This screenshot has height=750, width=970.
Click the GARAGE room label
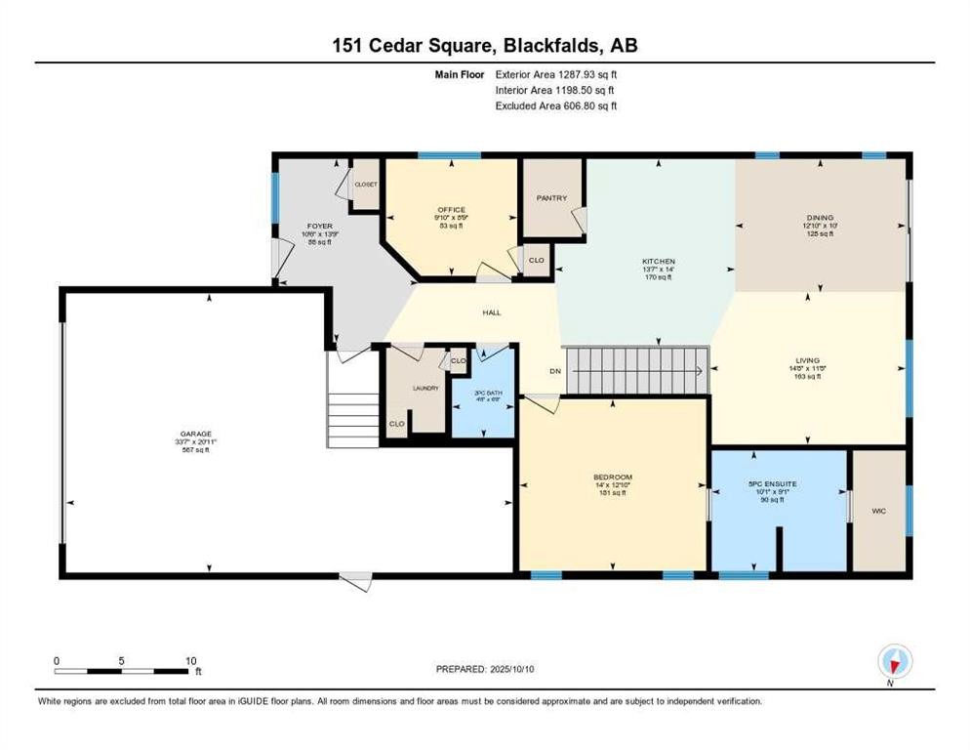point(195,434)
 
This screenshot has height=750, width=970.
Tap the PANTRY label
point(551,198)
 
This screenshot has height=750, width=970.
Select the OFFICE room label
point(451,209)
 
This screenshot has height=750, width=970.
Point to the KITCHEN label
point(658,262)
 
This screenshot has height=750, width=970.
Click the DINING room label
point(820,218)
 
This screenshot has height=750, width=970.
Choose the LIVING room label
point(807,360)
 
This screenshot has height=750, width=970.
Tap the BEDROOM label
point(612,478)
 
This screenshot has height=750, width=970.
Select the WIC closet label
point(879,509)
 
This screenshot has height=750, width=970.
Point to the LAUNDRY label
point(426,388)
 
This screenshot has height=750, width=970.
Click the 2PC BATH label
point(481,392)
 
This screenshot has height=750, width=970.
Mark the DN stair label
point(554,371)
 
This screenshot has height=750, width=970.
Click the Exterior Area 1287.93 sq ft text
point(556,73)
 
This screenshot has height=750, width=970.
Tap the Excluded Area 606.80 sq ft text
point(556,105)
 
